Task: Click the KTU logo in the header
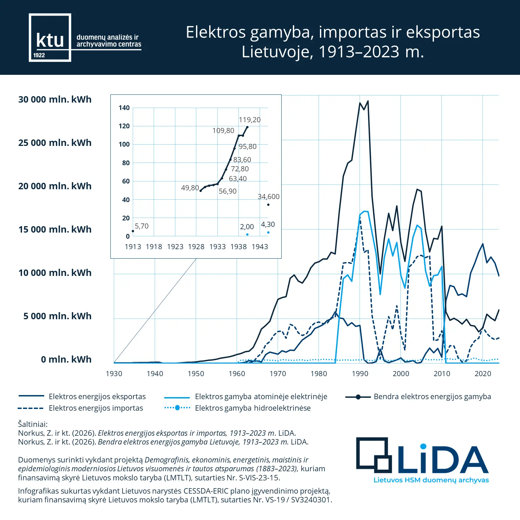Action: click(50, 38)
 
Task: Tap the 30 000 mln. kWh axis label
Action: click(55, 100)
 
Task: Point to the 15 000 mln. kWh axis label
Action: click(55, 230)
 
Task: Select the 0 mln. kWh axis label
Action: click(66, 360)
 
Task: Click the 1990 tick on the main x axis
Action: click(360, 374)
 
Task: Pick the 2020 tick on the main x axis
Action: click(482, 374)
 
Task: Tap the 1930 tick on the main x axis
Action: click(114, 374)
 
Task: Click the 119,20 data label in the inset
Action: click(250, 120)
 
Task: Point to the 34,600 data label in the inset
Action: click(268, 197)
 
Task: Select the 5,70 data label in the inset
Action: click(142, 226)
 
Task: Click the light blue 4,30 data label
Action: click(268, 224)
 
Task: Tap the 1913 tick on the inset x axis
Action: click(133, 247)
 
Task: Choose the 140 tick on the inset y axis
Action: click(124, 108)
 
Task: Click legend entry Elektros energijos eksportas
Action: click(97, 396)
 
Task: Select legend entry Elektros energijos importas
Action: click(95, 408)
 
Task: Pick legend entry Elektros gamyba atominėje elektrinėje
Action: click(261, 396)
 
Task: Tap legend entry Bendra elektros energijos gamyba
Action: click(432, 396)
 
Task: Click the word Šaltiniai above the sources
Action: click(33, 424)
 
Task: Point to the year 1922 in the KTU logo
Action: click(39, 55)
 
